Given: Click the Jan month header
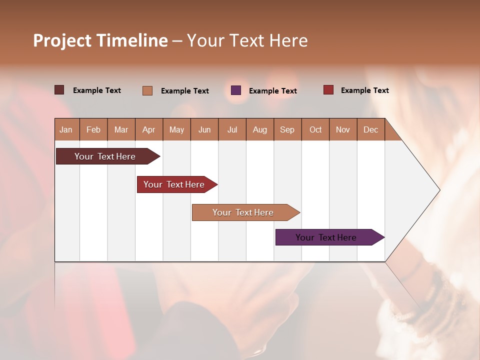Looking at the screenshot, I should [x=66, y=129].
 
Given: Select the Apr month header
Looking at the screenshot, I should [x=148, y=129].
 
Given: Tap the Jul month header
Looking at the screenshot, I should [x=232, y=129].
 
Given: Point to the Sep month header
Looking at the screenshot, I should [x=287, y=129].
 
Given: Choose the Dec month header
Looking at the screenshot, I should [x=370, y=129].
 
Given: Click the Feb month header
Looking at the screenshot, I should [x=93, y=129].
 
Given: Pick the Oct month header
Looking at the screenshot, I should [x=315, y=129].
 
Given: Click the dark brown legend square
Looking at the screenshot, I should [x=59, y=90].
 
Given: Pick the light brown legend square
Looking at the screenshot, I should [x=147, y=90].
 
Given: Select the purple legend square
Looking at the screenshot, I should [x=236, y=90].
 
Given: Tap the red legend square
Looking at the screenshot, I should [x=328, y=90].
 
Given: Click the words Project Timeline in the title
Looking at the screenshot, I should [x=100, y=40].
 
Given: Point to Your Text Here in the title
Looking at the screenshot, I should [x=247, y=40].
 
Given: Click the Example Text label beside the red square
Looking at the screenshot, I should [x=364, y=90].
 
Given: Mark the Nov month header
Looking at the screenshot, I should [x=343, y=129].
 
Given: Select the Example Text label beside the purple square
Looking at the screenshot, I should [x=272, y=91].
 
